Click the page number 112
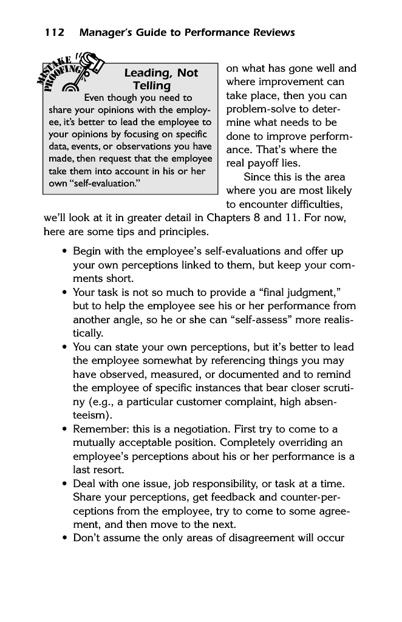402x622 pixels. tap(53, 33)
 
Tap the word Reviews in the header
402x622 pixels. tap(271, 33)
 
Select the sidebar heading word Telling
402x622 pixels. tap(152, 86)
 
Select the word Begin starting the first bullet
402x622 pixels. tap(87, 251)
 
